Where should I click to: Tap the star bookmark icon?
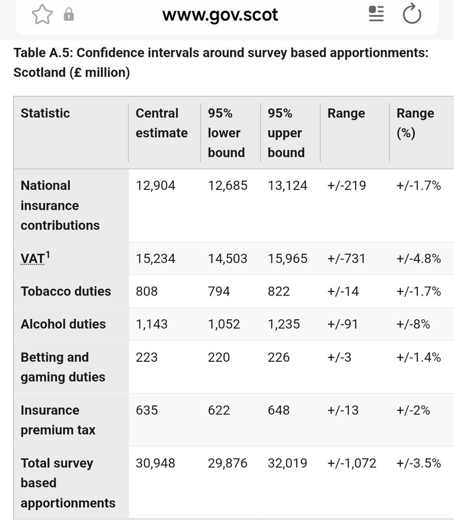pyautogui.click(x=42, y=15)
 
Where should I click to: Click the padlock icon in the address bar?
pyautogui.click(x=69, y=15)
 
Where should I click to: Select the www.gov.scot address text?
pyautogui.click(x=220, y=15)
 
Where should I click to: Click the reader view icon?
pyautogui.click(x=376, y=14)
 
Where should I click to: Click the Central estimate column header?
pyautogui.click(x=161, y=123)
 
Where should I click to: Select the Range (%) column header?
pyautogui.click(x=415, y=123)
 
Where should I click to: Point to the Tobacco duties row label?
pyautogui.click(x=66, y=291)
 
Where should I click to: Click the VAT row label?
pyautogui.click(x=33, y=259)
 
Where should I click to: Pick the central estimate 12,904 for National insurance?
pyautogui.click(x=155, y=186)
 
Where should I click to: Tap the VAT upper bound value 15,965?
pyautogui.click(x=287, y=259)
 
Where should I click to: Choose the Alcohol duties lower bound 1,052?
pyautogui.click(x=224, y=325)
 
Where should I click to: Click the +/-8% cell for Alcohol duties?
pyautogui.click(x=413, y=325)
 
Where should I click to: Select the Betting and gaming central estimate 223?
pyautogui.click(x=146, y=358)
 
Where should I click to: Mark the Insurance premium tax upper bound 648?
pyautogui.click(x=279, y=410)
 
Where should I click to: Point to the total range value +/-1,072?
pyautogui.click(x=352, y=463)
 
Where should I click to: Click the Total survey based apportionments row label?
pyautogui.click(x=67, y=483)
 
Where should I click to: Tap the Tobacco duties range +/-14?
pyautogui.click(x=343, y=291)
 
